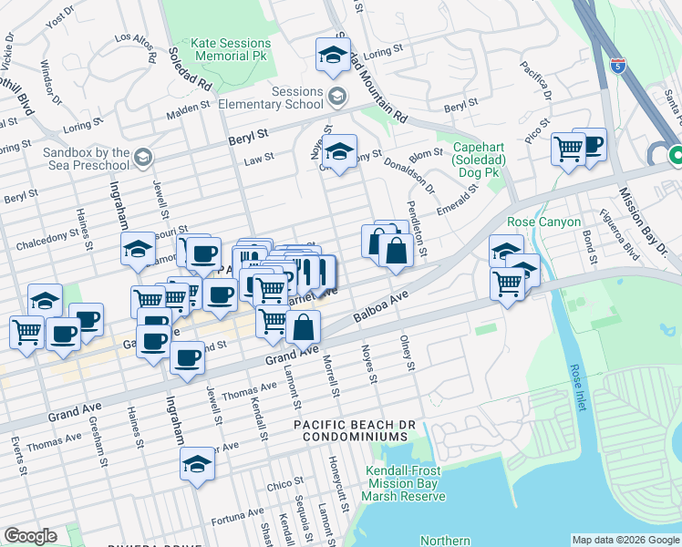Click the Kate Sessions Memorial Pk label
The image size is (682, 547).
pos(231,49)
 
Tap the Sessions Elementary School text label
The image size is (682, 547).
pos(284,98)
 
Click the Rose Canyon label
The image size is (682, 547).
pos(543,222)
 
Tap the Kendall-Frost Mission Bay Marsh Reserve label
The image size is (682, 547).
pos(405,483)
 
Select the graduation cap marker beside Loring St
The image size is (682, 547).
pos(333,56)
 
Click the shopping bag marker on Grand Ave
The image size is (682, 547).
pos(303,325)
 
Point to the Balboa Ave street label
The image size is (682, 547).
pos(378,309)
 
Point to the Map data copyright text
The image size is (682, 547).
pos(625,540)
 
